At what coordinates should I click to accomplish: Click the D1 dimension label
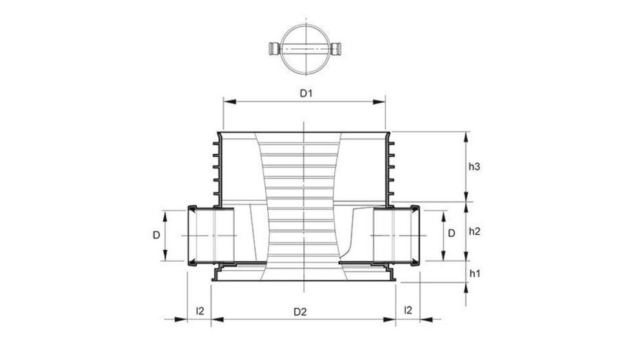(x=305, y=93)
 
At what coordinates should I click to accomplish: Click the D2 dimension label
(x=299, y=311)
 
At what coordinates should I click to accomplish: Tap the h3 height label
(x=474, y=166)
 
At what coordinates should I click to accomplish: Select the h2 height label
(x=474, y=231)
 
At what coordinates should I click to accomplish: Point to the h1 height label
(x=474, y=274)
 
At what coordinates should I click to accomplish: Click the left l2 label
(x=200, y=311)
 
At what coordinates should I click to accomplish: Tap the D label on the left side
(x=156, y=235)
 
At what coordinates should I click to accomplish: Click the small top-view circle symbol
(x=304, y=49)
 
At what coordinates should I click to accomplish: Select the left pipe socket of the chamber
(x=210, y=235)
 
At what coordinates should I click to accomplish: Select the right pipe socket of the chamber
(x=396, y=235)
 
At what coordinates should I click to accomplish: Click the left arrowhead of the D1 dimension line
(x=226, y=101)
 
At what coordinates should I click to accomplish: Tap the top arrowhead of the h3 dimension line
(x=466, y=135)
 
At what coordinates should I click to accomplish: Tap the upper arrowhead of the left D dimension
(x=166, y=214)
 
